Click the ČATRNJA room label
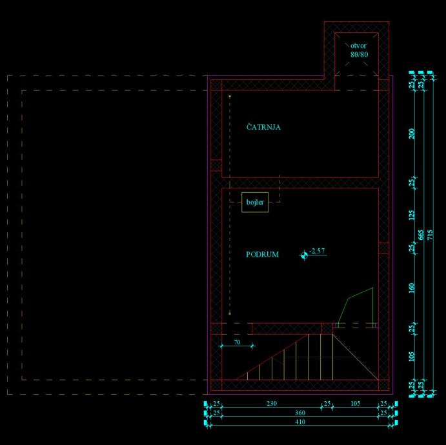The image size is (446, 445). tap(263, 128)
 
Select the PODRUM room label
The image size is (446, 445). tap(262, 255)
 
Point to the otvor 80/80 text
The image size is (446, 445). tap(359, 50)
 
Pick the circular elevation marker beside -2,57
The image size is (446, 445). tap(304, 255)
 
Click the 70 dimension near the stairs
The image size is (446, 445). tap(236, 342)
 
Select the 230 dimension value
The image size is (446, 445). tap(272, 404)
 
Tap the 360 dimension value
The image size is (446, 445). tap(300, 413)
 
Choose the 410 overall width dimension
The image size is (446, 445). tap(300, 422)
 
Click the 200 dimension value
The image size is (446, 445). tap(412, 133)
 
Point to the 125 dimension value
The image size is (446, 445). tap(412, 215)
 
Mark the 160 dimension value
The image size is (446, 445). tap(412, 287)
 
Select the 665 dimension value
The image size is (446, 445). tap(421, 235)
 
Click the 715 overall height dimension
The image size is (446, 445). tap(431, 235)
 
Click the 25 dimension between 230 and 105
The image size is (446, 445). tap(327, 404)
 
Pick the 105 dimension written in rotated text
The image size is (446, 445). tap(412, 357)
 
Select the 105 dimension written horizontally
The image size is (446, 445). tap(355, 404)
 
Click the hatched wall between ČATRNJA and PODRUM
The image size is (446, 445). tap(300, 183)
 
